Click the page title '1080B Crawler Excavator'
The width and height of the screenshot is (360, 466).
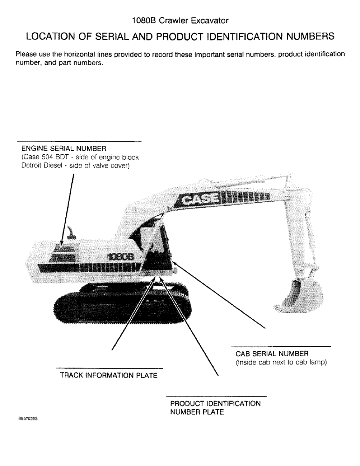[x=180, y=21]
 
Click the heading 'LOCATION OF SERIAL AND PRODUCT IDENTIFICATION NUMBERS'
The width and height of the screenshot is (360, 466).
[x=180, y=36]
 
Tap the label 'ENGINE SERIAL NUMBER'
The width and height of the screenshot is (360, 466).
[x=64, y=149]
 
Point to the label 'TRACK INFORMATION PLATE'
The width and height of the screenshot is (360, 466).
[x=109, y=375]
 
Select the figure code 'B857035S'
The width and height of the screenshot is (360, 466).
[x=28, y=419]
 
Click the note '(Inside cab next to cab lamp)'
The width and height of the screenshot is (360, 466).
[x=281, y=363]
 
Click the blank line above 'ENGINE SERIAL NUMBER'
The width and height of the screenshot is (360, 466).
[x=79, y=141]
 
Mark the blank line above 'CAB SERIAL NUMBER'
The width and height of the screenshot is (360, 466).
[x=281, y=347]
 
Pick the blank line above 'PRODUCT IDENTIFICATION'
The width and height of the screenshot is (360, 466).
[x=216, y=396]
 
